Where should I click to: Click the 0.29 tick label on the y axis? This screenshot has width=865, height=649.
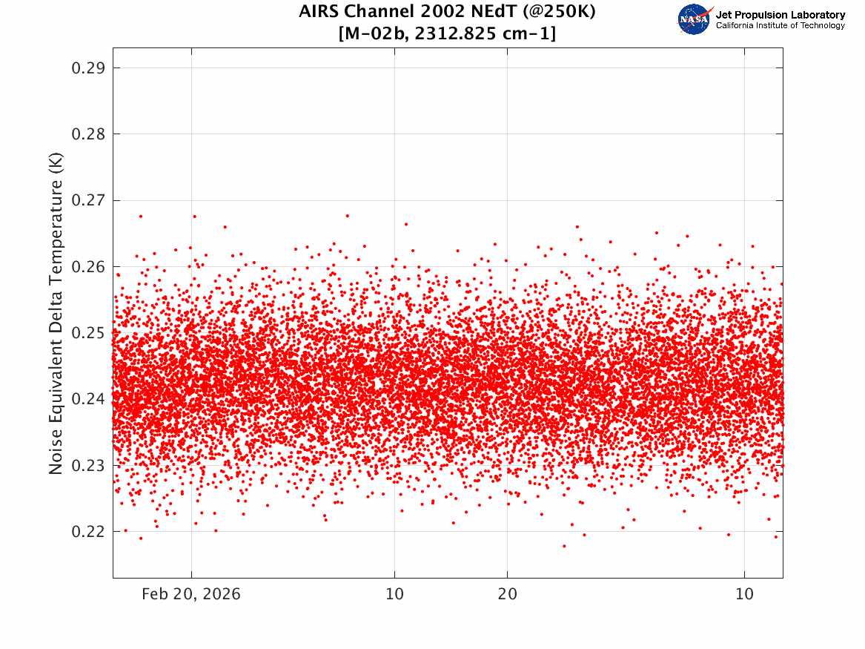(88, 68)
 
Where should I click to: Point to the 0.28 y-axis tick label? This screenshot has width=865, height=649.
(88, 134)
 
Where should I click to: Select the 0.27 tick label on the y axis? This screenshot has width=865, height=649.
(88, 200)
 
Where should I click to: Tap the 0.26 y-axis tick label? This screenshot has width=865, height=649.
(88, 266)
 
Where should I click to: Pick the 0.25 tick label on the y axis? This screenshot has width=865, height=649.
(88, 333)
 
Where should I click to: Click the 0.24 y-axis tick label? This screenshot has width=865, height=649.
(88, 399)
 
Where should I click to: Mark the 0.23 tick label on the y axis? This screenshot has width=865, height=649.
(88, 465)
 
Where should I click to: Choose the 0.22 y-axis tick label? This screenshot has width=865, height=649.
(88, 531)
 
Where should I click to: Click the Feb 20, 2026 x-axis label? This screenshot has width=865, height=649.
(191, 594)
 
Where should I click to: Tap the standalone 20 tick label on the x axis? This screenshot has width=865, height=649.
(507, 594)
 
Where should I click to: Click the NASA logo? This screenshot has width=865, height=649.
(695, 19)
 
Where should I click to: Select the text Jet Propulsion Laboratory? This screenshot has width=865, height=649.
(780, 15)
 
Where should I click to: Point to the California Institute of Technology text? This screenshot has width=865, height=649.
(780, 26)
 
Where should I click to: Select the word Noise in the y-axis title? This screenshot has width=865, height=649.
(56, 452)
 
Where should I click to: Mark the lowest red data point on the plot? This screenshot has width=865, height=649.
(564, 546)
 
